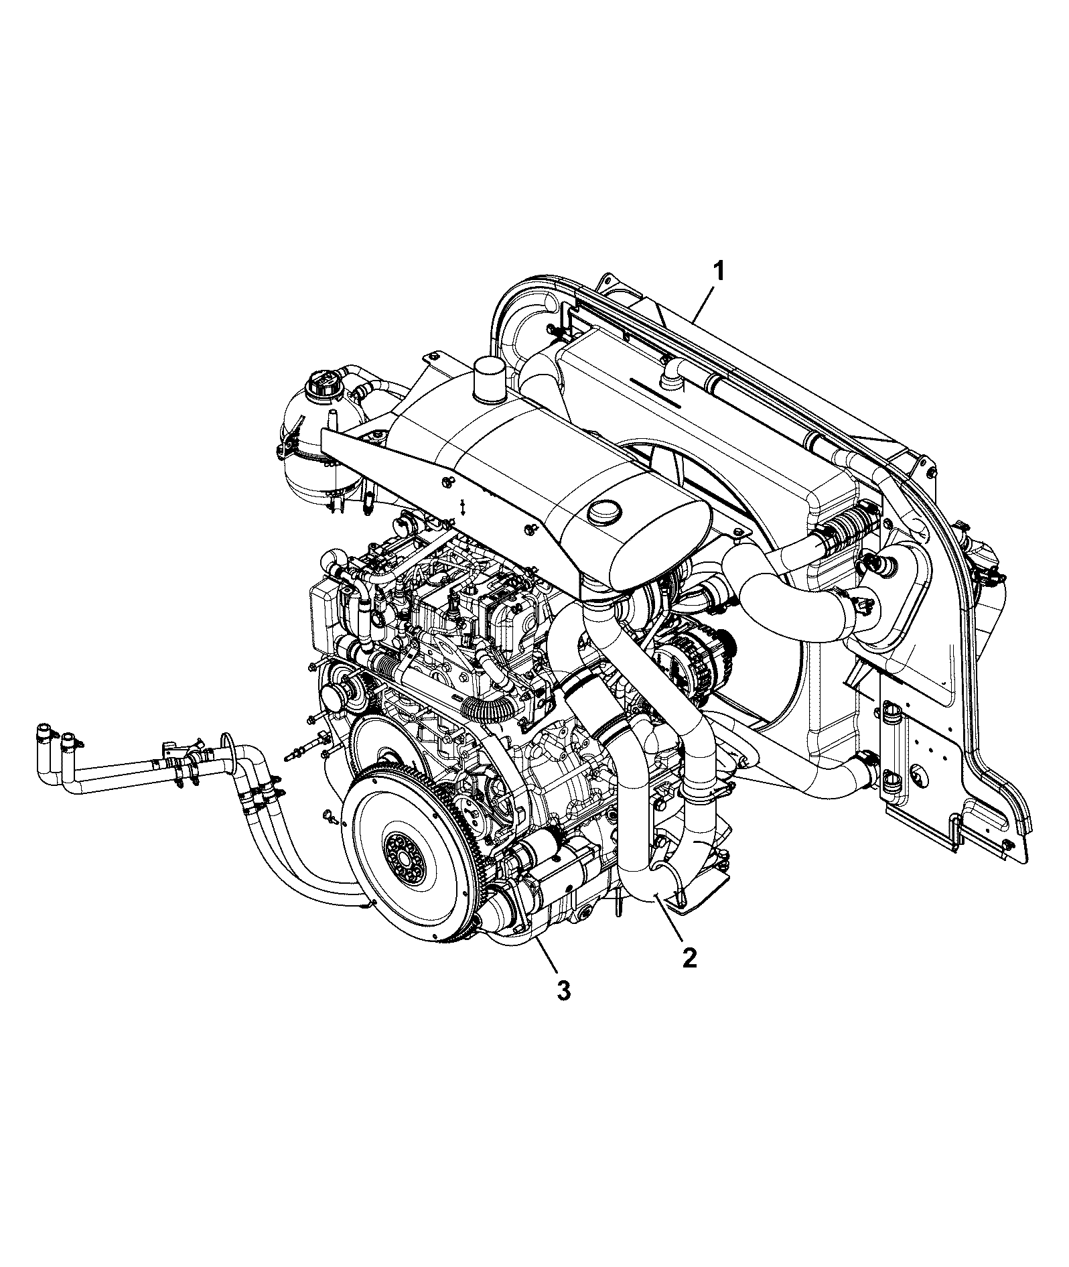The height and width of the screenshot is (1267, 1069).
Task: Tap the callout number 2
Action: pyautogui.click(x=689, y=957)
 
